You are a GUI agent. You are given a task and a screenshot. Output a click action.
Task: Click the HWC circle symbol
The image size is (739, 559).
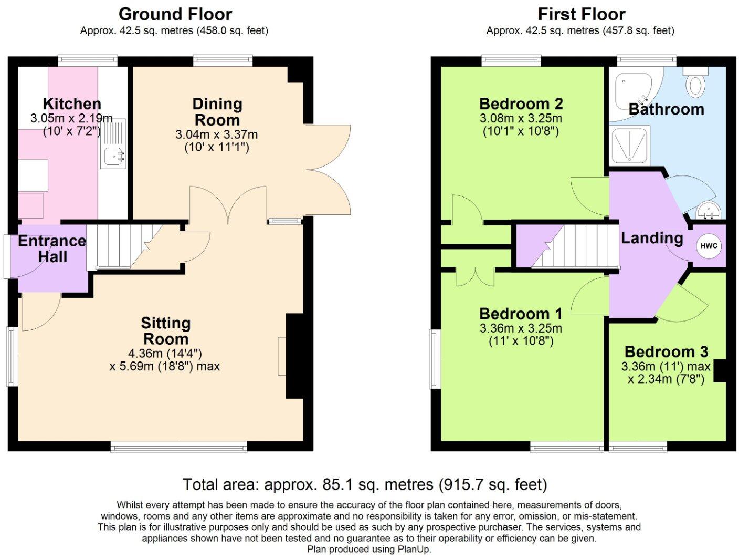coord(709,246)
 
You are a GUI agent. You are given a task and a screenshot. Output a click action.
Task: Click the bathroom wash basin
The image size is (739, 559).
coord(709,211)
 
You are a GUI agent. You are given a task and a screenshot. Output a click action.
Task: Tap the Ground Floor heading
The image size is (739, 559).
coord(175,15)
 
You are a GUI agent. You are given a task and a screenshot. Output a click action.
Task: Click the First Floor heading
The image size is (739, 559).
coord(582,15)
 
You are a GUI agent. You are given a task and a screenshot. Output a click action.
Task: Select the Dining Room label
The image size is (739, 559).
coord(217,112)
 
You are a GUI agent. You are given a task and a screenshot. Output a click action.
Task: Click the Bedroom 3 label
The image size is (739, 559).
coord(666,352)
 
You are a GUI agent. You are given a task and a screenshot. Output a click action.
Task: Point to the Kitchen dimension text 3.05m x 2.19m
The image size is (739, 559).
coord(71,118)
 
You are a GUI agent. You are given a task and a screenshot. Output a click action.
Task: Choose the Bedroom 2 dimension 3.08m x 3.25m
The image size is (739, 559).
coord(521,118)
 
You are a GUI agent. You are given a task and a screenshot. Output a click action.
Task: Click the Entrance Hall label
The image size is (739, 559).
coord(52,249)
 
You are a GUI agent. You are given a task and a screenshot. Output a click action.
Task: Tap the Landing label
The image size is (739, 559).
coord(652,239)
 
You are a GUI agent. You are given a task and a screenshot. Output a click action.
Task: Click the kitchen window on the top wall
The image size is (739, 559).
coord(88,60)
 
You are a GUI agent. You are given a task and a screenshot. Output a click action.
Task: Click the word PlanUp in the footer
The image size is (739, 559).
coord(414,550)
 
